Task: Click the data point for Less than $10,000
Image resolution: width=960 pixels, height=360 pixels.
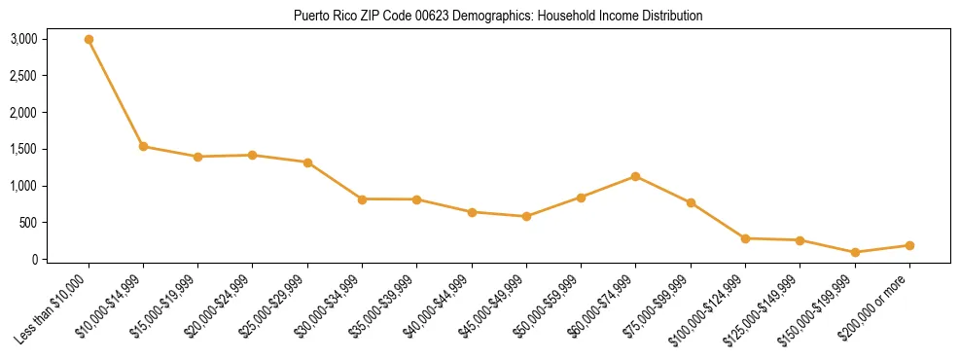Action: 89,40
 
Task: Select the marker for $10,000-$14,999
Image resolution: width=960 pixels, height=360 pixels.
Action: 143,147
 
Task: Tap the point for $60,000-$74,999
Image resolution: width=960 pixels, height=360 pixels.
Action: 635,176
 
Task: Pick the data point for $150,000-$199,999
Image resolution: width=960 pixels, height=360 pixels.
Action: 855,252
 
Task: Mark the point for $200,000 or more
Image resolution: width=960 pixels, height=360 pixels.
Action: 909,245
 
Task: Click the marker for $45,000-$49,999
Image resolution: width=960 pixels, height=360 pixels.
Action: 526,216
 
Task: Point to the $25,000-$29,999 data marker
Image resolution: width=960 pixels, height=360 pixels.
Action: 307,162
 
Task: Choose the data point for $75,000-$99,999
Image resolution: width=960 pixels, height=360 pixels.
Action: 691,202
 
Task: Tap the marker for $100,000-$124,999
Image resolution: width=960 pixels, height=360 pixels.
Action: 745,238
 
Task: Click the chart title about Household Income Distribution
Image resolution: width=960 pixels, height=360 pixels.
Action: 498,16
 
